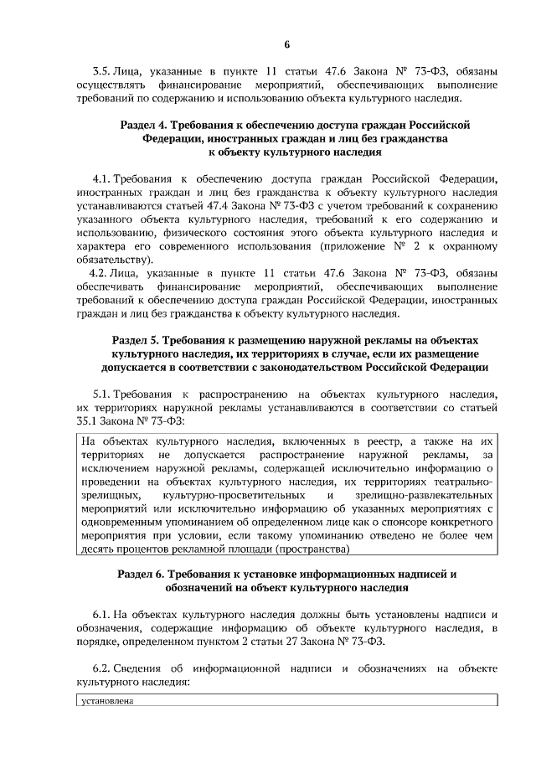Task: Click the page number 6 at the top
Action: click(285, 44)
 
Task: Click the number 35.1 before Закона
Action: click(86, 420)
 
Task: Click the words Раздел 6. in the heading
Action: click(140, 575)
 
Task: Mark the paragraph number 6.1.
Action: click(100, 616)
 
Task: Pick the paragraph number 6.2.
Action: click(100, 669)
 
